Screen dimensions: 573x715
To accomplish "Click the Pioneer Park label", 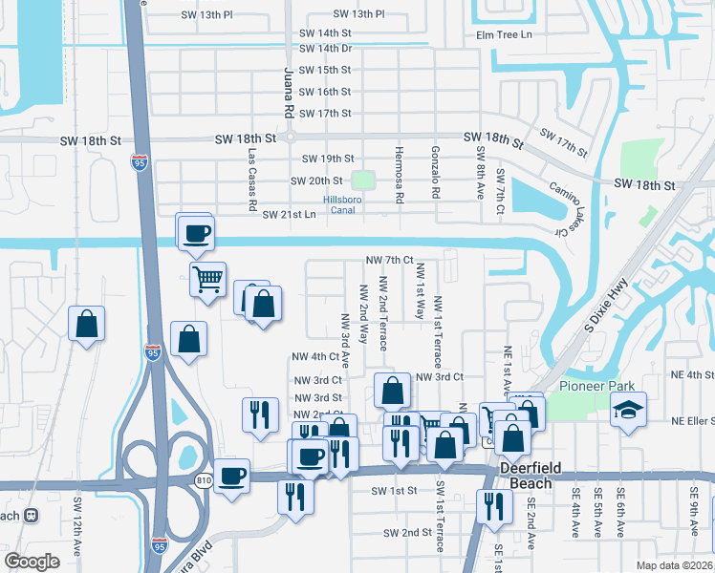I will tap(595, 386).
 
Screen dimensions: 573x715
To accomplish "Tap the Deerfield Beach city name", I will tap(525, 477).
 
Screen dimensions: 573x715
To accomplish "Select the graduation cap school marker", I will tap(628, 410).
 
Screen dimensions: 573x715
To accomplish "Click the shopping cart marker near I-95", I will tap(207, 279).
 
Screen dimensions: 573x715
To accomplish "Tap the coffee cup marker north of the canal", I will tap(196, 233).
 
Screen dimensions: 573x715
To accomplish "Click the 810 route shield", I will tap(201, 477).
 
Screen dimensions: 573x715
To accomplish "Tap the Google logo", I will tap(32, 562).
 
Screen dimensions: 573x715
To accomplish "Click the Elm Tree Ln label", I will tap(504, 35).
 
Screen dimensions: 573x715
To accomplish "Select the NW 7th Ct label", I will tap(389, 260).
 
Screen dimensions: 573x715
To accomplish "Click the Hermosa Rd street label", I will tap(400, 175).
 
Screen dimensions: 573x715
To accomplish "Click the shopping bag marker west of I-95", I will tap(87, 323).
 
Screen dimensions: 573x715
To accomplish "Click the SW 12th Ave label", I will tap(77, 524).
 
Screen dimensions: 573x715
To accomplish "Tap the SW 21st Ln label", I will tap(289, 215).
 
